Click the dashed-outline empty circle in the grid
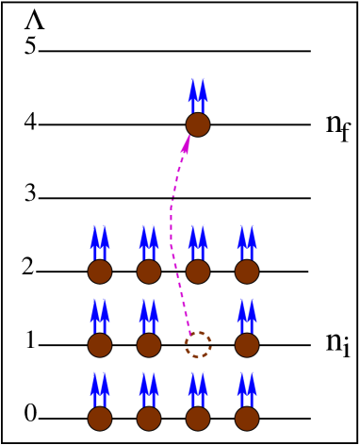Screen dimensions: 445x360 point(198,345)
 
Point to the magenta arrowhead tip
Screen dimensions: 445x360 point(189,136)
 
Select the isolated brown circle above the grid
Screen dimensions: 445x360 point(198,124)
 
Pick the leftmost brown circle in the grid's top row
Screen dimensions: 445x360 point(100,272)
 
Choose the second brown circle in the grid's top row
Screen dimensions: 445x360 point(149,272)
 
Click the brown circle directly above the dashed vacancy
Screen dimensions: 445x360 point(198,272)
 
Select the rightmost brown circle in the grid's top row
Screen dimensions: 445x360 point(247,272)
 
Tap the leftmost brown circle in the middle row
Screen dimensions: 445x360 point(100,345)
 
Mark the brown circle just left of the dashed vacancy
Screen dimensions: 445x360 point(149,345)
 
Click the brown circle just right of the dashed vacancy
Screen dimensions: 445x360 point(247,345)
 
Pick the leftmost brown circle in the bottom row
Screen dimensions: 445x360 point(100,419)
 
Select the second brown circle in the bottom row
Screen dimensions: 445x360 point(149,419)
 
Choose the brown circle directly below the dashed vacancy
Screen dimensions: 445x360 point(198,419)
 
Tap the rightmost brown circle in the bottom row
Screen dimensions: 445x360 point(247,419)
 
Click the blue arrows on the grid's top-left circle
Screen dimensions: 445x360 point(100,241)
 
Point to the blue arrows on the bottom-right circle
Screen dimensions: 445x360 point(247,388)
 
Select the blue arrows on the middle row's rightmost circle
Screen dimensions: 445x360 point(247,315)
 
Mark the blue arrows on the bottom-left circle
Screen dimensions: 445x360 point(100,388)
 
